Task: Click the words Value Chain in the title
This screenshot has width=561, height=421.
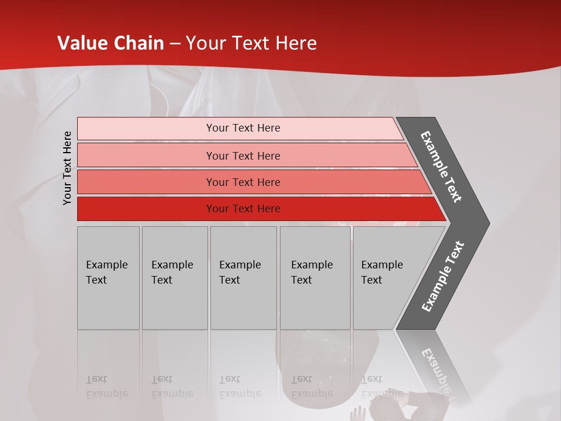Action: click(110, 43)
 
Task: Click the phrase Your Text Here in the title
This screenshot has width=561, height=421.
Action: click(251, 43)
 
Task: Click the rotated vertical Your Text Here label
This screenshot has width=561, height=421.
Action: click(68, 168)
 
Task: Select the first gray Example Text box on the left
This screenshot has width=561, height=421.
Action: click(108, 278)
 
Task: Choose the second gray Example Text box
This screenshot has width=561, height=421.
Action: click(175, 278)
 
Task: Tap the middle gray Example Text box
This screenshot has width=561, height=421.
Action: click(243, 278)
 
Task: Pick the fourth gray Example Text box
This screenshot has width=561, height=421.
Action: click(314, 278)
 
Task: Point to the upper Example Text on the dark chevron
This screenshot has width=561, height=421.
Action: click(441, 167)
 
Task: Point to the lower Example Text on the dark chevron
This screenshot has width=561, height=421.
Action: click(442, 277)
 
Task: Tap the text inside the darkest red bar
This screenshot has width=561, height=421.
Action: click(243, 209)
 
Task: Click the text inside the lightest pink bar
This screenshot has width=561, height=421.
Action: click(243, 128)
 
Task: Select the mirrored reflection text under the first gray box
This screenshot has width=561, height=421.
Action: click(106, 387)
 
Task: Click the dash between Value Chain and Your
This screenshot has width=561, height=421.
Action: click(175, 44)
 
